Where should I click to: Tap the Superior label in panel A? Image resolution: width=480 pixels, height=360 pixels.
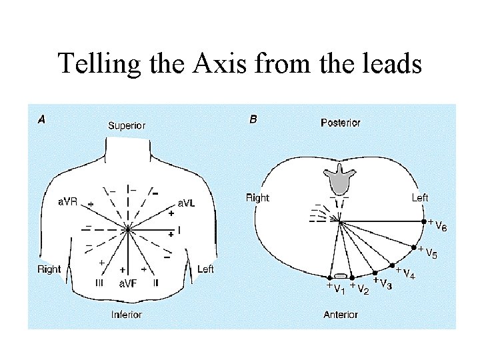pyautogui.click(x=127, y=125)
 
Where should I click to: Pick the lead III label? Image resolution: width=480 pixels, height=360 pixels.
pyautogui.click(x=99, y=283)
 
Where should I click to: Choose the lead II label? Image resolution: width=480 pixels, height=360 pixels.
pyautogui.click(x=155, y=283)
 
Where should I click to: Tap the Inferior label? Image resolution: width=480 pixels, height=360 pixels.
pyautogui.click(x=127, y=314)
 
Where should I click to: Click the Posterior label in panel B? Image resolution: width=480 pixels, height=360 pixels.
pyautogui.click(x=340, y=123)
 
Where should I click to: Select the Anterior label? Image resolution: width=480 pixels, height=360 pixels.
pyautogui.click(x=340, y=314)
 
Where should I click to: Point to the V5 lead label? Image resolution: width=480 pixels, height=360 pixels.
pyautogui.click(x=431, y=254)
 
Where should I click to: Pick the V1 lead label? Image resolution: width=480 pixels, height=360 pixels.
pyautogui.click(x=338, y=289)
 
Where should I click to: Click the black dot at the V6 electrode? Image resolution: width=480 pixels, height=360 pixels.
pyautogui.click(x=423, y=222)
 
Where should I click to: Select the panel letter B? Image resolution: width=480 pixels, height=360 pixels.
pyautogui.click(x=253, y=120)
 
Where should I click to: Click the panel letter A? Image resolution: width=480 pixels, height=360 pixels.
pyautogui.click(x=41, y=120)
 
